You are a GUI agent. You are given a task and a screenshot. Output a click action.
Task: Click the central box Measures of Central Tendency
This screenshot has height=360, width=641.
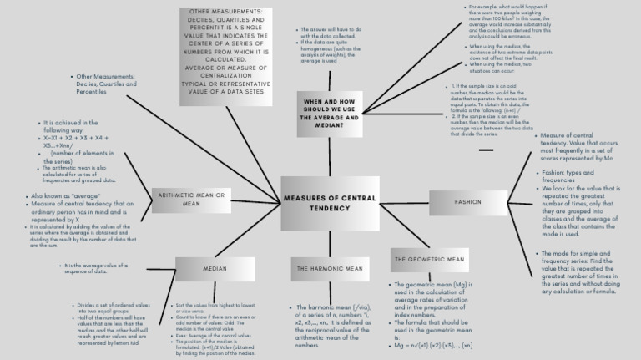330,203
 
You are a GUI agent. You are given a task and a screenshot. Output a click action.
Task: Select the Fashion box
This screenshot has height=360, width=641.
467,202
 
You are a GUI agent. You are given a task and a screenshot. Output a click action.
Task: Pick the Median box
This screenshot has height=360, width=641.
215,268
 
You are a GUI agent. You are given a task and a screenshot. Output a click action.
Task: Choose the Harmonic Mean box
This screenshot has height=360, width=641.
330,269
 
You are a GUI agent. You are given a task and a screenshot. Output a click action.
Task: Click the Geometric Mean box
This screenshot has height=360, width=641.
429,260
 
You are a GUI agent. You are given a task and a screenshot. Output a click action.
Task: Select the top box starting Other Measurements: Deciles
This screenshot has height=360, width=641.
225,55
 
